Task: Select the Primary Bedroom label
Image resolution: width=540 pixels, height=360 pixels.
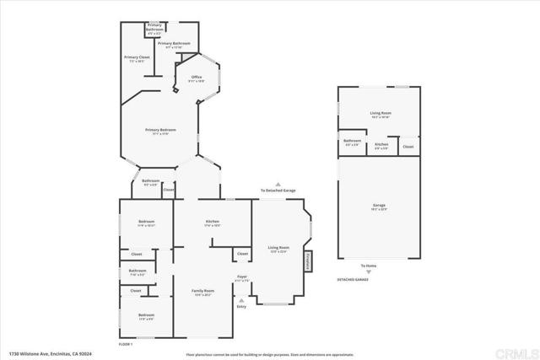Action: pyautogui.click(x=160, y=130)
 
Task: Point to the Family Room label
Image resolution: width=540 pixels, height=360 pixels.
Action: pyautogui.click(x=204, y=290)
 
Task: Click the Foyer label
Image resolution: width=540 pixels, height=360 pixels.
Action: pyautogui.click(x=242, y=275)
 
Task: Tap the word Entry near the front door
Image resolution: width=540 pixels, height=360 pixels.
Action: pyautogui.click(x=242, y=306)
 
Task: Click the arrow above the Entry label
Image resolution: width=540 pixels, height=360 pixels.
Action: pyautogui.click(x=242, y=299)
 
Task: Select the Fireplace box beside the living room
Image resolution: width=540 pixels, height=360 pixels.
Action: pyautogui.click(x=308, y=261)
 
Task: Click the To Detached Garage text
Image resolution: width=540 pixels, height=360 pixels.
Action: pyautogui.click(x=277, y=191)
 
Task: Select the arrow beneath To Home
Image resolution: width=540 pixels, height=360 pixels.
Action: pyautogui.click(x=368, y=271)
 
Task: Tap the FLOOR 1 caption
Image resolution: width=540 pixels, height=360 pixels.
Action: pyautogui.click(x=126, y=343)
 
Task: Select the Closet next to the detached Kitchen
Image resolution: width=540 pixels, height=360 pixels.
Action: pyautogui.click(x=408, y=147)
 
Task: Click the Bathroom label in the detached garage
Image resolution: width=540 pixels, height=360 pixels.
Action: pyautogui.click(x=352, y=141)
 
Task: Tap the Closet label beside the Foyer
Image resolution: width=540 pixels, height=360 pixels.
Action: pyautogui.click(x=242, y=254)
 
